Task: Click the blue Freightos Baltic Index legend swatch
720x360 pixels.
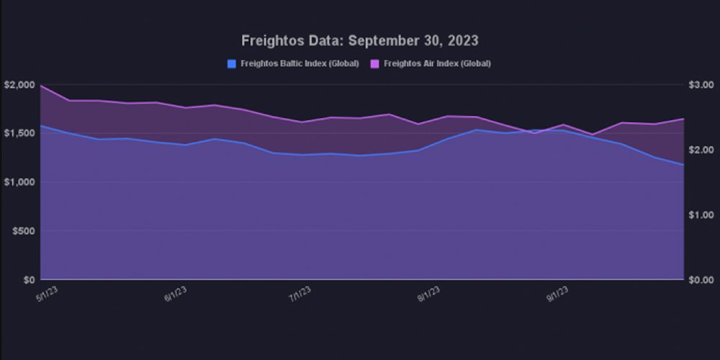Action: [x=231, y=63]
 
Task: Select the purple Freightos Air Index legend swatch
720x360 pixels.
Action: [x=375, y=63]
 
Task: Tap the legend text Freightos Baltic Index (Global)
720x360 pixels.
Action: [x=298, y=63]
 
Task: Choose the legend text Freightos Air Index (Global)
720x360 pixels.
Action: [x=437, y=63]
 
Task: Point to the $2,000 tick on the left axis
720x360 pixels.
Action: [x=19, y=84]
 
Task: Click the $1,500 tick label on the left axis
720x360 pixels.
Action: [x=19, y=133]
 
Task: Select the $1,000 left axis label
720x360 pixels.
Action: [x=19, y=182]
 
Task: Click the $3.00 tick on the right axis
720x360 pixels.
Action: [x=700, y=84]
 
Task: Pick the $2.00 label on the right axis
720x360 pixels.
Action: [x=700, y=150]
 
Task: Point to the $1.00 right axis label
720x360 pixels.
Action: [x=700, y=215]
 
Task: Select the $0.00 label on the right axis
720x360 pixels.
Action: [x=700, y=279]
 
